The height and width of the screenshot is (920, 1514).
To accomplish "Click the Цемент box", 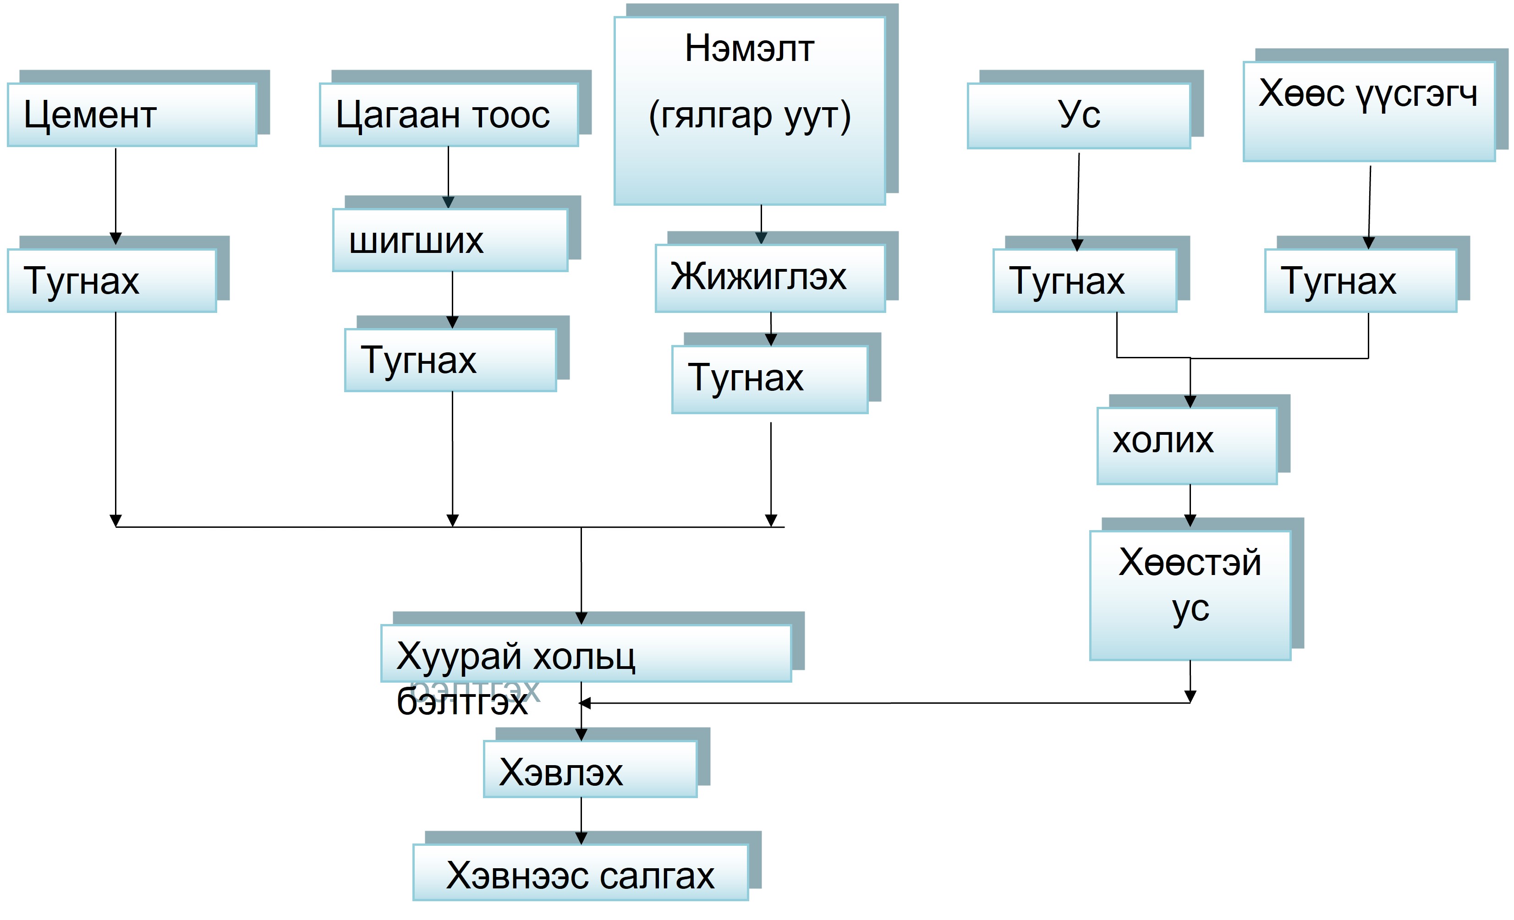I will [132, 115].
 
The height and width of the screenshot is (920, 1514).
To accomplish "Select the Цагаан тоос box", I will [449, 115].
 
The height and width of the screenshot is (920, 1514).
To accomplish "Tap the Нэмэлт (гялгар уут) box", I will [750, 110].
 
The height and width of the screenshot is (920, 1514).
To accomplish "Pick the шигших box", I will [450, 240].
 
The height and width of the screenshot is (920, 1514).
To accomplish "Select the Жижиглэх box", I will [770, 278].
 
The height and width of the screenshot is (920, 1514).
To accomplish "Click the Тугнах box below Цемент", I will [112, 281].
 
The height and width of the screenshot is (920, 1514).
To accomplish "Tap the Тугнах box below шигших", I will [450, 360].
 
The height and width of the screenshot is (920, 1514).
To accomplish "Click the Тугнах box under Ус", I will [1085, 281].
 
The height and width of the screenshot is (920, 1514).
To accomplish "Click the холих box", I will [1187, 445].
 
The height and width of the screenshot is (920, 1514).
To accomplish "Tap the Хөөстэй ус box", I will [1190, 595].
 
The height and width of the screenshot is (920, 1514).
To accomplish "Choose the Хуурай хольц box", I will [586, 653].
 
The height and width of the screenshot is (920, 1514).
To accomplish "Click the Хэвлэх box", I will [590, 769].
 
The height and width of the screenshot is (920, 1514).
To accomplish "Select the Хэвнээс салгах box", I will [581, 872].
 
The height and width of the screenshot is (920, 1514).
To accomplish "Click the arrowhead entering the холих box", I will [1190, 402].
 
